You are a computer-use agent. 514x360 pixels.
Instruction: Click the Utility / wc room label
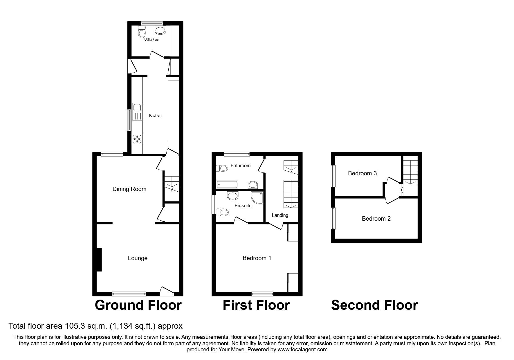click(x=152, y=39)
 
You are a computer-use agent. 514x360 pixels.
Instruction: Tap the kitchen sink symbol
click(x=137, y=111)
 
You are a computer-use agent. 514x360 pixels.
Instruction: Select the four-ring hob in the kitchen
click(x=137, y=139)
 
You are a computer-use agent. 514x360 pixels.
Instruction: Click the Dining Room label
click(x=129, y=189)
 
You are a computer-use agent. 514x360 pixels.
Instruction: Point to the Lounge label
click(x=138, y=258)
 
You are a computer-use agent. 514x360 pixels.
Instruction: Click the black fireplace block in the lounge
click(x=99, y=260)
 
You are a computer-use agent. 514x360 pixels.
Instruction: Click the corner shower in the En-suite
click(x=257, y=197)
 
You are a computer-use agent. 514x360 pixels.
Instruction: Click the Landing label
click(x=280, y=215)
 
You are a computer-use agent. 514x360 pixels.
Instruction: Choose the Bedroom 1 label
click(x=257, y=258)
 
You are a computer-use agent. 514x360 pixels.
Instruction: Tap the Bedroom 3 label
click(x=362, y=173)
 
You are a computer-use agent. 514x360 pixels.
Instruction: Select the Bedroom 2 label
click(x=376, y=219)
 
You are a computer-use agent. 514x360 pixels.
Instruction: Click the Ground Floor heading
click(x=138, y=305)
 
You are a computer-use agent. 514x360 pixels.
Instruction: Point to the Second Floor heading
click(x=374, y=305)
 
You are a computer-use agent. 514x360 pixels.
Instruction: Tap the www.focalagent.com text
click(x=302, y=350)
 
